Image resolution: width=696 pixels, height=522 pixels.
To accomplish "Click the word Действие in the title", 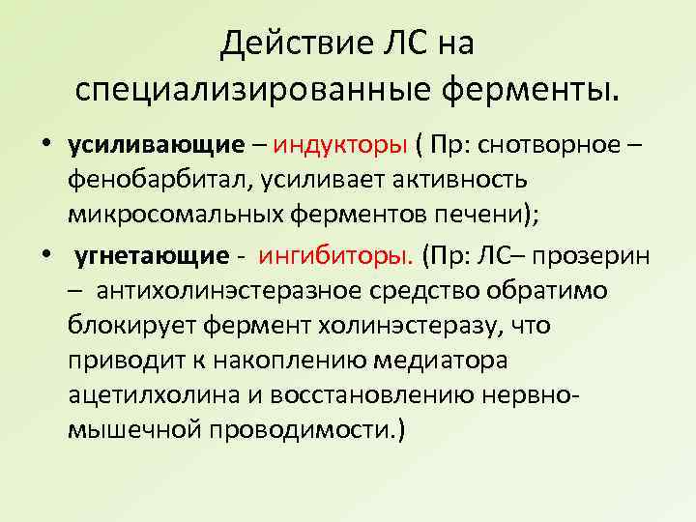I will point(276,43).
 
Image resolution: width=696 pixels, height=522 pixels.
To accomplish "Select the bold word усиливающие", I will point(157,146).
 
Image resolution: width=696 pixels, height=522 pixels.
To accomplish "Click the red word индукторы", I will point(338,146).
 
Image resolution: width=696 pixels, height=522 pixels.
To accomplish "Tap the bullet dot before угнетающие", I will point(45,256).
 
